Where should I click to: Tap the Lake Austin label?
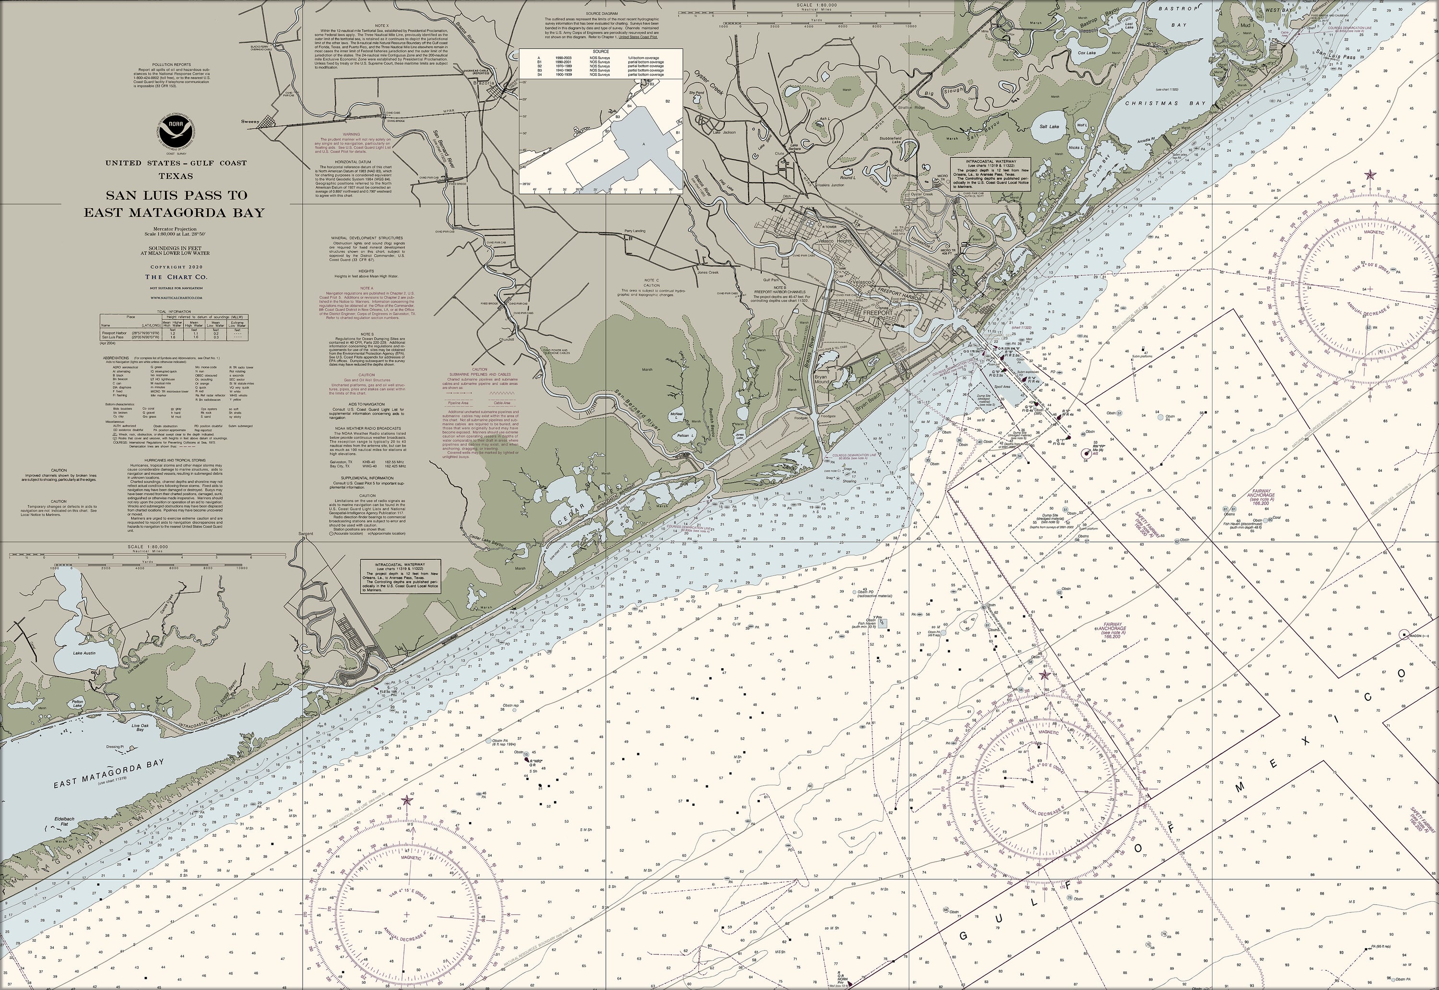tap(85, 653)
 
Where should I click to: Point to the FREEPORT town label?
tap(878, 313)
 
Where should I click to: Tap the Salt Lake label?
tap(1049, 127)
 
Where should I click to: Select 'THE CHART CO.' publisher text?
tap(176, 277)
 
